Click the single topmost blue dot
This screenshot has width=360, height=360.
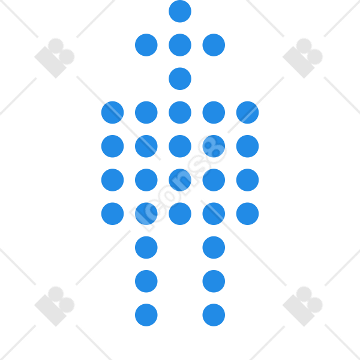(180, 11)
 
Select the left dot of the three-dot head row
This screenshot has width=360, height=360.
(146, 45)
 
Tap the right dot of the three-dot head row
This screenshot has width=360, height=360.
(214, 45)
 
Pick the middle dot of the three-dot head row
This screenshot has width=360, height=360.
(180, 45)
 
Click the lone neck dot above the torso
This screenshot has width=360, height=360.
(180, 79)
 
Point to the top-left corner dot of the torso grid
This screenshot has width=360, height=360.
(113, 113)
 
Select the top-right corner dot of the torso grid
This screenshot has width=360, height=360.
(247, 113)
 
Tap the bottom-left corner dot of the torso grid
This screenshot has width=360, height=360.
(113, 214)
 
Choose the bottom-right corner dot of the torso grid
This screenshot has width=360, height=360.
(247, 214)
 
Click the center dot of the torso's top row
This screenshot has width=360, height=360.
(180, 113)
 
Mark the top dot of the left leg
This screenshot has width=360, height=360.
(146, 247)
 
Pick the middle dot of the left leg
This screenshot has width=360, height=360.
(146, 281)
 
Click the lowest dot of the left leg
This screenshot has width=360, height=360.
(146, 315)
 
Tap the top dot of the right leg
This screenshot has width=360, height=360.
(214, 247)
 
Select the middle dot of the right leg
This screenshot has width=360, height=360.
(214, 281)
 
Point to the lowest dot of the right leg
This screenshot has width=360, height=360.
(214, 315)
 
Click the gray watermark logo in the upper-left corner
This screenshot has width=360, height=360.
(55, 58)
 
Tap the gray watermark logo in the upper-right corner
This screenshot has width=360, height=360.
(302, 58)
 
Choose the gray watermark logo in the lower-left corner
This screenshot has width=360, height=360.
(55, 307)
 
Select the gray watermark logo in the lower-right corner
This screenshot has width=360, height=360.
(302, 307)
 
